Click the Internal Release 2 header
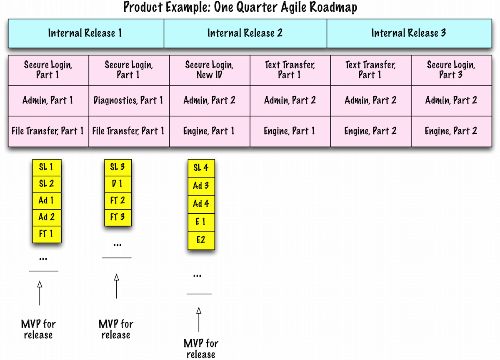pyautogui.click(x=245, y=33)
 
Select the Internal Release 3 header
pyautogui.click(x=409, y=33)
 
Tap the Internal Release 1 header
pyautogui.click(x=85, y=33)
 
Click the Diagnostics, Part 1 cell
pyautogui.click(x=128, y=100)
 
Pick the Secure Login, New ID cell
pyautogui.click(x=209, y=70)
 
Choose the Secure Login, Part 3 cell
pyautogui.click(x=451, y=70)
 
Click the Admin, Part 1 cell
pyautogui.click(x=48, y=100)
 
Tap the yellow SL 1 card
pyautogui.click(x=47, y=167)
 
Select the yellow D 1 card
pyautogui.click(x=117, y=184)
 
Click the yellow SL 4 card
pyautogui.click(x=201, y=168)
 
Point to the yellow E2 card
pyautogui.click(x=201, y=240)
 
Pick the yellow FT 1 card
pyautogui.click(x=47, y=234)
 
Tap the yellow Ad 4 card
pyautogui.click(x=201, y=204)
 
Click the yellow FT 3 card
pyautogui.click(x=117, y=217)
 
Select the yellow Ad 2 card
pyautogui.click(x=47, y=217)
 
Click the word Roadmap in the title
pyautogui.click(x=331, y=7)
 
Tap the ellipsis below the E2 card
pyautogui.click(x=197, y=275)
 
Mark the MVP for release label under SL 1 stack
pyautogui.click(x=38, y=330)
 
